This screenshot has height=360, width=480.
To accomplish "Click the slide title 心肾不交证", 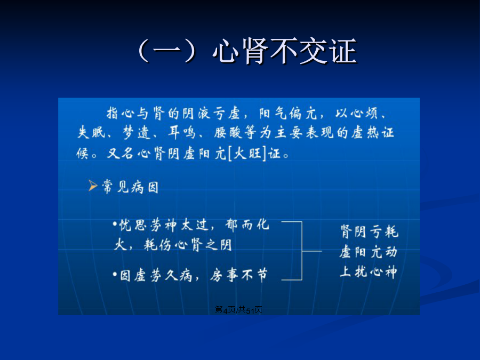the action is pyautogui.click(x=285, y=51).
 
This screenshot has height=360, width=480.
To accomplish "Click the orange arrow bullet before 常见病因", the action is pyautogui.click(x=93, y=186).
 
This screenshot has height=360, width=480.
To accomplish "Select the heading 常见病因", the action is pyautogui.click(x=130, y=187).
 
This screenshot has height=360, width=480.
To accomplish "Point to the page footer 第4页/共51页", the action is pyautogui.click(x=238, y=310).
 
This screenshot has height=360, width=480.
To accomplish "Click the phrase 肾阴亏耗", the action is pyautogui.click(x=369, y=231).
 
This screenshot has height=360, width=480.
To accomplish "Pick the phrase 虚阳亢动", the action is pyautogui.click(x=368, y=252).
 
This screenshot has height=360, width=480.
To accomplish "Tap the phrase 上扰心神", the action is pyautogui.click(x=368, y=271).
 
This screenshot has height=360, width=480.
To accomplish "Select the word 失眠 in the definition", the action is pyautogui.click(x=91, y=133).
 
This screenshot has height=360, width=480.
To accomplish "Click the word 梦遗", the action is pyautogui.click(x=136, y=133).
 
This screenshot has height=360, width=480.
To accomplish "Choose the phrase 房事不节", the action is pyautogui.click(x=238, y=275).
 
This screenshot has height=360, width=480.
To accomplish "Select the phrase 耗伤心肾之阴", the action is pyautogui.click(x=188, y=245).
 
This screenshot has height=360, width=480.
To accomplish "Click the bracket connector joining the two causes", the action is pyautogui.click(x=302, y=251).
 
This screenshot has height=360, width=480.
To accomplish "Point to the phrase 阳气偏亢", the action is pyautogui.click(x=288, y=113).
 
